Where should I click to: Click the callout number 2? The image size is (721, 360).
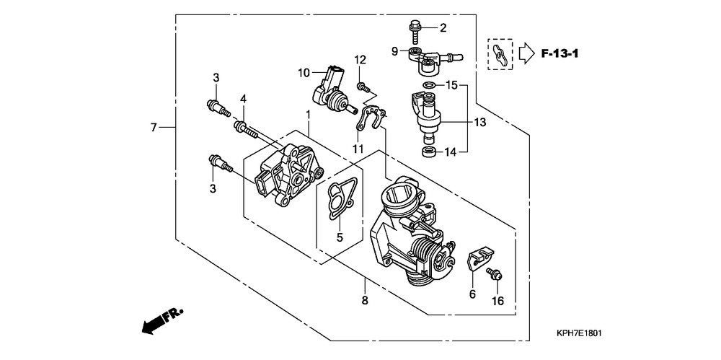coord(443,28)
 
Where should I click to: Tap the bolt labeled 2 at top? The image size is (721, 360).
coord(417,30)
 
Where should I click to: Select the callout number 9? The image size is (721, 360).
coord(394,51)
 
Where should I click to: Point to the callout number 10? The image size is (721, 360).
coord(304,72)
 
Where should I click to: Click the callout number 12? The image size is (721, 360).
coord(360,59)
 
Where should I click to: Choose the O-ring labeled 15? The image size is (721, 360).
coord(428,86)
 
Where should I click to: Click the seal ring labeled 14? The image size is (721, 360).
coord(429,152)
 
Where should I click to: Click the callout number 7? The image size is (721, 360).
coord(153,128)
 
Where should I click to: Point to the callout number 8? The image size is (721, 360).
coord(365,300)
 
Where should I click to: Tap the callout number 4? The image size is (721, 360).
coord(244,98)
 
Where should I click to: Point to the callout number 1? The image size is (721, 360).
coord(308,115)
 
